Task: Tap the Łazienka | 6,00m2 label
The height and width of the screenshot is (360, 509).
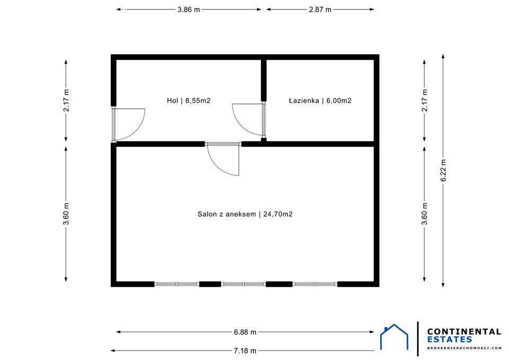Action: point(320,100)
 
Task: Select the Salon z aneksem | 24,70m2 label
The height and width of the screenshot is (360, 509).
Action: point(245,214)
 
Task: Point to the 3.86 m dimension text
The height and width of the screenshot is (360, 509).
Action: point(189,10)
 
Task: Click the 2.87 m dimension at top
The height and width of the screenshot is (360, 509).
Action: point(320,10)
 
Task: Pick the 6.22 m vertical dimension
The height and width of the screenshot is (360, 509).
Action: point(443,170)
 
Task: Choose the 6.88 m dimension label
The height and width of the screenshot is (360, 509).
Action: point(245,332)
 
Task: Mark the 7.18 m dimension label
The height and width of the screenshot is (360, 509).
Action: point(245,350)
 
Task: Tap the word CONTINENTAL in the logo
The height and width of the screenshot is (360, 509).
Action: point(464,331)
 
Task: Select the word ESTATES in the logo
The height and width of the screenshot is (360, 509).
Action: point(449,339)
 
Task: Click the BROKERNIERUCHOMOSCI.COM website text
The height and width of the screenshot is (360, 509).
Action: point(464,348)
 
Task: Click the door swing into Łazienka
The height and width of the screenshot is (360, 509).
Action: point(249,120)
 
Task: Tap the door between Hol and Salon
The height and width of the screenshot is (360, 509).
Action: point(224,159)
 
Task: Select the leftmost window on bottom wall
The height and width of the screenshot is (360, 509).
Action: point(177,284)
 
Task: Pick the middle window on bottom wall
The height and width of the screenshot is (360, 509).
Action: point(243,284)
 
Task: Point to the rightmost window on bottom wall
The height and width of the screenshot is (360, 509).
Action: point(315,284)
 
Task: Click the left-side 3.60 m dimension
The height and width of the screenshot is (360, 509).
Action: point(66,214)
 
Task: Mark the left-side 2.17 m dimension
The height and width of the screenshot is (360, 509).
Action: point(66,100)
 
